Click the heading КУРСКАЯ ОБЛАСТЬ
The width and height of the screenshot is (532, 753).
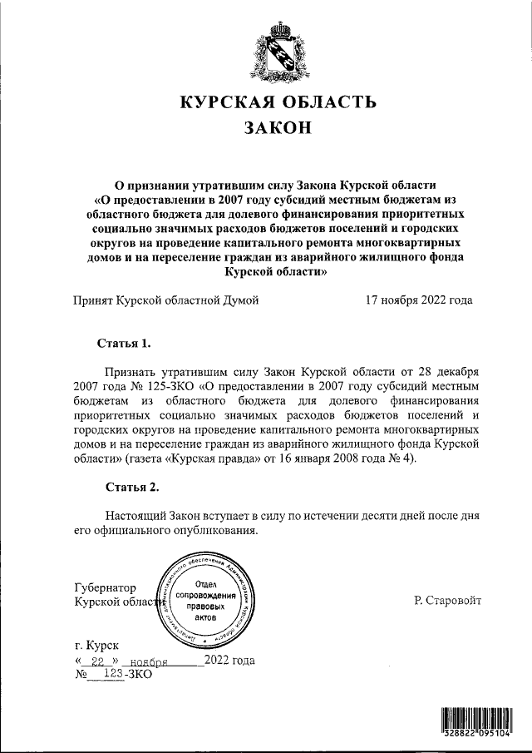(278, 103)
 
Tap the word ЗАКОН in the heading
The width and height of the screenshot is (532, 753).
(278, 129)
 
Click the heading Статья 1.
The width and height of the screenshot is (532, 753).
(124, 343)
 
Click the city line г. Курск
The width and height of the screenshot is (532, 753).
(96, 645)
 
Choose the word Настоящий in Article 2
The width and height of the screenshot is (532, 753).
(136, 516)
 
